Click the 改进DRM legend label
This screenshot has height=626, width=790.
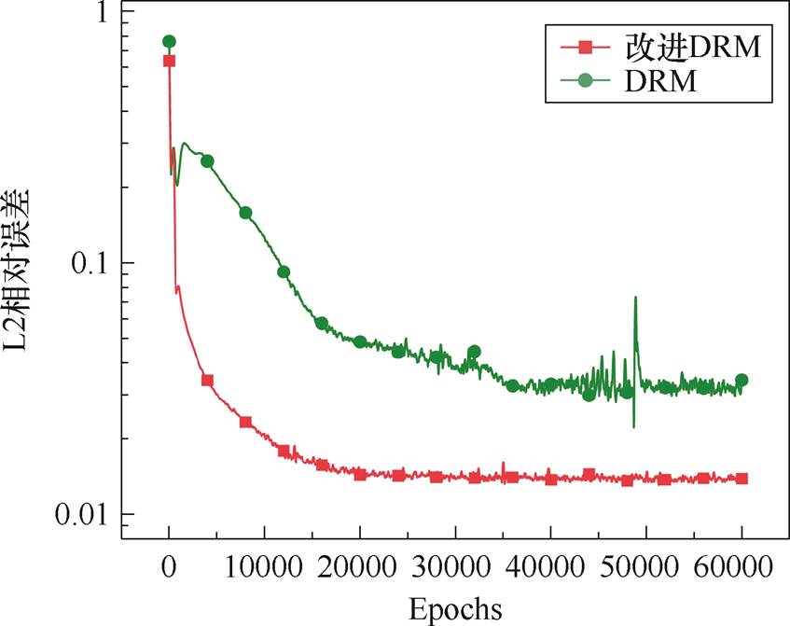(692, 46)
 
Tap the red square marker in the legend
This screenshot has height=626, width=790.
(586, 46)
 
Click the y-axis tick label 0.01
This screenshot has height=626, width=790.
(81, 515)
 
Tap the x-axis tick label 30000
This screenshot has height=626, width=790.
(455, 567)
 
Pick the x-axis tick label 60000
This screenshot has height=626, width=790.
(741, 567)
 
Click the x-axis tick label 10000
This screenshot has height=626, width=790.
(264, 567)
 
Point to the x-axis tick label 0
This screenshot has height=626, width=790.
(169, 567)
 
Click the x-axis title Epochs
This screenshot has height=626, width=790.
(455, 608)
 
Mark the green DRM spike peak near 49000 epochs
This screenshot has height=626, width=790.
(635, 298)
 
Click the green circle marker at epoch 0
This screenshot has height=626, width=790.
(169, 41)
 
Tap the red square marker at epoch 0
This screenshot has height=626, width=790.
(169, 61)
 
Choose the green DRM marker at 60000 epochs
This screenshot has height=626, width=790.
(741, 380)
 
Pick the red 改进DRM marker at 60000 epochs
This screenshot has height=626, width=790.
(741, 479)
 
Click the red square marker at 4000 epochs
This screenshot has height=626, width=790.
(207, 381)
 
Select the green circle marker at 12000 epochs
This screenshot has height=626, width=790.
(284, 272)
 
